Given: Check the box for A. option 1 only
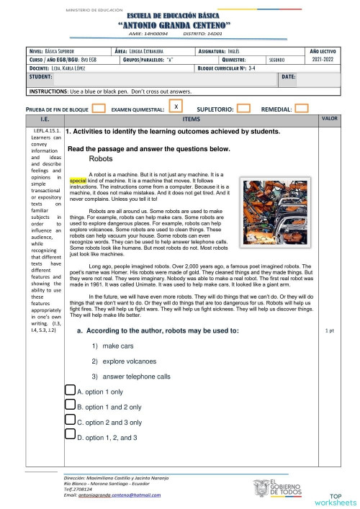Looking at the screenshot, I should click(71, 390).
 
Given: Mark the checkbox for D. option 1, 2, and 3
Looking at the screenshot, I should click(71, 436).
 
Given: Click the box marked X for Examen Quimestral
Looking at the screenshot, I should click(175, 107).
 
